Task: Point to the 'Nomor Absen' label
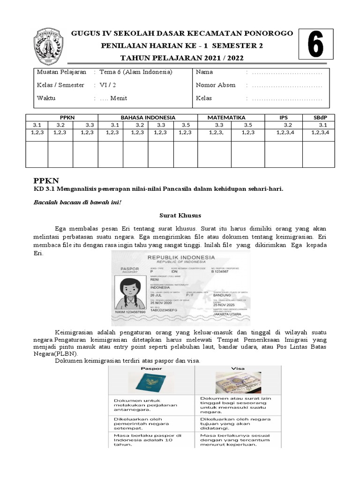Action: tap(216, 85)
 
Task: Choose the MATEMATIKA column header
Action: tap(226, 117)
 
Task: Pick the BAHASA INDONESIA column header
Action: tap(148, 117)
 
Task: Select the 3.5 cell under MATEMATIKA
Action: tap(247, 125)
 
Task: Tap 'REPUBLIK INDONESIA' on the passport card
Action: tap(181, 257)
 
